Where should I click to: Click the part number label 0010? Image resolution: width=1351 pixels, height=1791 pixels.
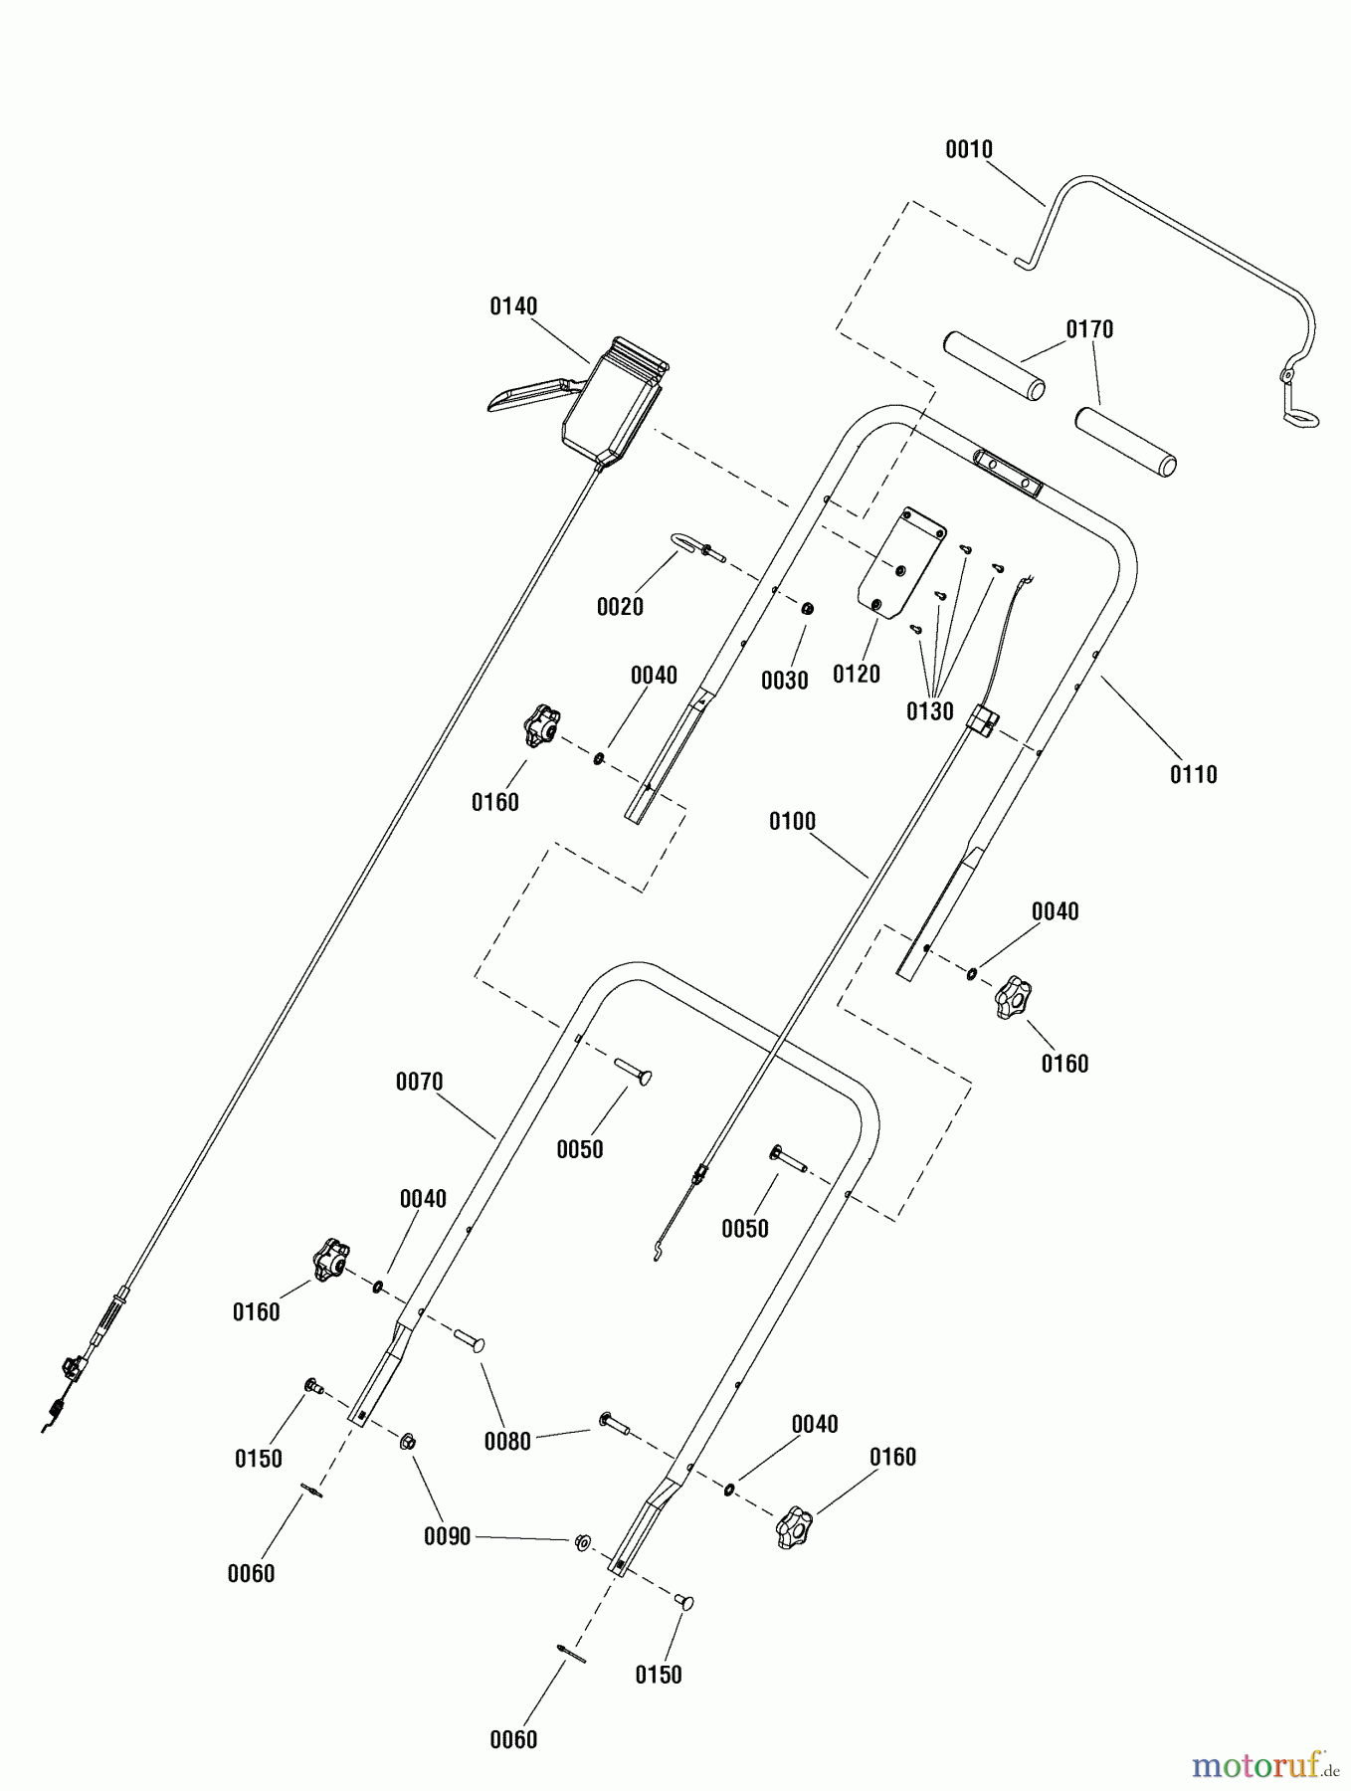click(968, 149)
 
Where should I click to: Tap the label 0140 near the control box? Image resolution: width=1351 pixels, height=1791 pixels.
click(512, 306)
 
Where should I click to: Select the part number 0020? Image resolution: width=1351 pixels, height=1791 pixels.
click(619, 607)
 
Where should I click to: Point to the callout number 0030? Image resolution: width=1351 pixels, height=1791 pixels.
click(784, 681)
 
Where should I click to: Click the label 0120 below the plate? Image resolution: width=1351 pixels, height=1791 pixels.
click(856, 675)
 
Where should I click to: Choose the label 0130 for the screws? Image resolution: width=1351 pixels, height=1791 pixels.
click(929, 711)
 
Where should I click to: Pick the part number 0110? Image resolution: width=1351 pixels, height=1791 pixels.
click(1193, 774)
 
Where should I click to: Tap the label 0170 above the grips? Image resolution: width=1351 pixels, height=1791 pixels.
click(1089, 329)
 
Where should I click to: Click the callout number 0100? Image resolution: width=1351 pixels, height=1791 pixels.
click(791, 822)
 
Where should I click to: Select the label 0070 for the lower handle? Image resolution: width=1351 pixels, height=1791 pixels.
click(419, 1082)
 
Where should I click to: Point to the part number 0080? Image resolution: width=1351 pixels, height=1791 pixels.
click(507, 1441)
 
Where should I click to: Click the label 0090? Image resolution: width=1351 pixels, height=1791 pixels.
click(447, 1536)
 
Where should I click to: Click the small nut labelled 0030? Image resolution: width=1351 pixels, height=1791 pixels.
click(808, 609)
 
